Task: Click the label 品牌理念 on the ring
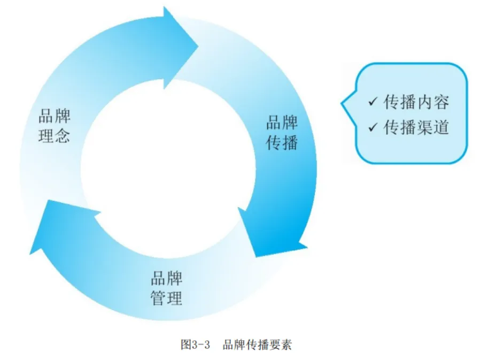(x=55, y=127)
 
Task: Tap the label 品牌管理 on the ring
(x=167, y=288)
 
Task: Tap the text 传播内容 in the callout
(x=416, y=102)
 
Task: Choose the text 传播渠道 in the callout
(x=416, y=127)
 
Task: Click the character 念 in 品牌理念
(x=63, y=136)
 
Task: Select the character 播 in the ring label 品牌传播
(x=290, y=143)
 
